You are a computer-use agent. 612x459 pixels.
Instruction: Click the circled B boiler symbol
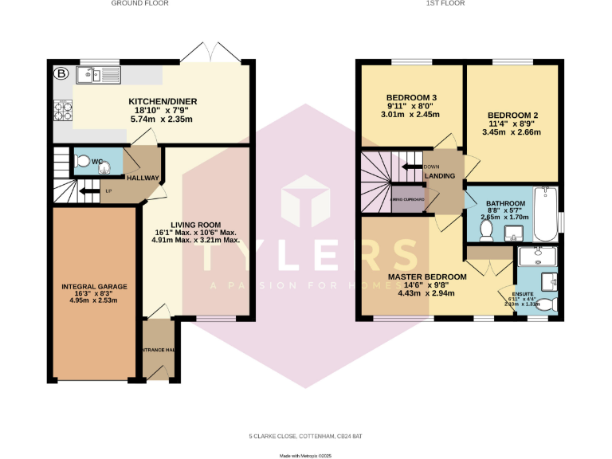pos(61,74)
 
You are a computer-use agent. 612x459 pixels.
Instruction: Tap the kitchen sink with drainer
pos(97,76)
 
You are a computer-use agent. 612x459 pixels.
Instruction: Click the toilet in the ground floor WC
pos(83,161)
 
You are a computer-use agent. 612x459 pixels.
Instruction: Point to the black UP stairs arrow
pos(88,190)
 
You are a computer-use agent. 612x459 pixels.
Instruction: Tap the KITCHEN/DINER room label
pos(163,101)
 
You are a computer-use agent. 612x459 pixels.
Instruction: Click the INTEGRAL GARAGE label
pos(93,286)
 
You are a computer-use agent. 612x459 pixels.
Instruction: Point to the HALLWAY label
pos(143,178)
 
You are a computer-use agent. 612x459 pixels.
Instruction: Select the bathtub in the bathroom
pos(547,213)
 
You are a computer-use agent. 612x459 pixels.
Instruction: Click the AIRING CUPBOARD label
pos(407,199)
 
